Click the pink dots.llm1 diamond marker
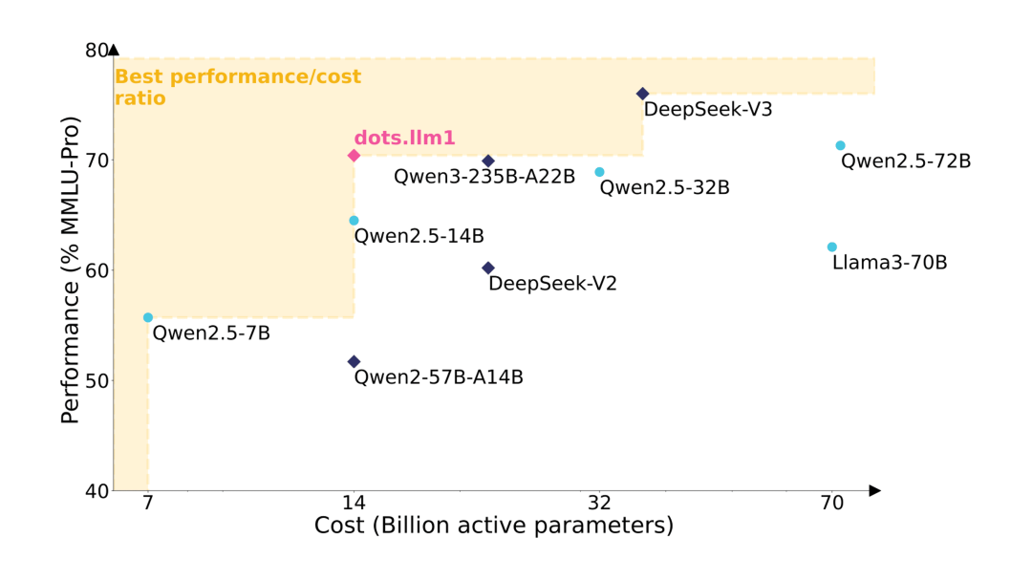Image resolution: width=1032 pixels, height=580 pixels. tap(354, 156)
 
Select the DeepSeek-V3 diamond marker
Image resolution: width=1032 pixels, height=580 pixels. tap(642, 94)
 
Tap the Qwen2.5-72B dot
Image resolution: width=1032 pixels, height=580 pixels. tap(840, 145)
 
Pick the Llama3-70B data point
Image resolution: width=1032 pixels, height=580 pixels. tap(831, 247)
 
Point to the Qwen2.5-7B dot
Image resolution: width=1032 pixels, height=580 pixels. tap(148, 317)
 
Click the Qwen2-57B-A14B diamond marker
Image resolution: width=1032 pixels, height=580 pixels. tap(354, 361)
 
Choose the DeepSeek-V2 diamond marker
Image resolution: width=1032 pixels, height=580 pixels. tap(488, 269)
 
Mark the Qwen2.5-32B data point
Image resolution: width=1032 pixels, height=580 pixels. tap(599, 172)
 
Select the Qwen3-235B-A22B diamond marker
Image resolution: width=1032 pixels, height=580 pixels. tap(488, 161)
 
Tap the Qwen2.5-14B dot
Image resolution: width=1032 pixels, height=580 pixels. tap(354, 221)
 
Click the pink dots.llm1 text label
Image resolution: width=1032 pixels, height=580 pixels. tap(404, 138)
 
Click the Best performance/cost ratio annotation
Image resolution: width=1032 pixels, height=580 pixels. tap(237, 87)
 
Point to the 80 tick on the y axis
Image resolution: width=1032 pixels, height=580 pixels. tap(97, 50)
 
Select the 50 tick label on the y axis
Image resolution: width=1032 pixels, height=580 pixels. tap(97, 380)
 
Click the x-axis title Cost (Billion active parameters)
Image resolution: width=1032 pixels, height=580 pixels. tap(493, 526)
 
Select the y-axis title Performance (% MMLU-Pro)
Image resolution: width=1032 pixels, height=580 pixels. tap(70, 269)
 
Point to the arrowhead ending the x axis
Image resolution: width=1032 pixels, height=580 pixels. tap(874, 490)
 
